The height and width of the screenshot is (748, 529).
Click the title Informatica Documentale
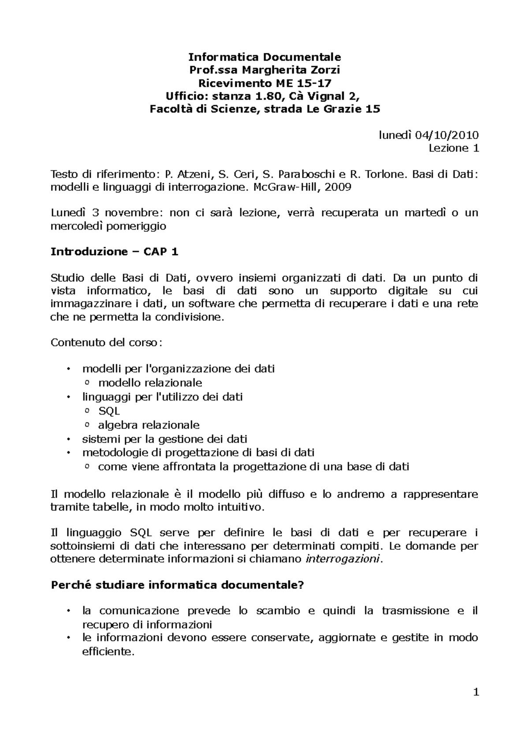pyautogui.click(x=264, y=57)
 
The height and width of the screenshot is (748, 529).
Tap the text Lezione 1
pyautogui.click(x=454, y=148)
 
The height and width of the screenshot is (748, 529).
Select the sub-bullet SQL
pyautogui.click(x=109, y=411)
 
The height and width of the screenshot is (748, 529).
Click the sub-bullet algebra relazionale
pyautogui.click(x=149, y=425)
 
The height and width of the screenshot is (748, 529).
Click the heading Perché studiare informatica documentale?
pyautogui.click(x=178, y=585)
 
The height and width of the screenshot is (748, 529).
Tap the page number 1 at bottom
pyautogui.click(x=476, y=693)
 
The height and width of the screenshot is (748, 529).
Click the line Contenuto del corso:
pyautogui.click(x=106, y=342)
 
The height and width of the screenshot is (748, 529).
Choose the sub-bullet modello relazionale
pyautogui.click(x=150, y=383)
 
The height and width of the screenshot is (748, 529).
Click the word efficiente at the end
pyautogui.click(x=107, y=652)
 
